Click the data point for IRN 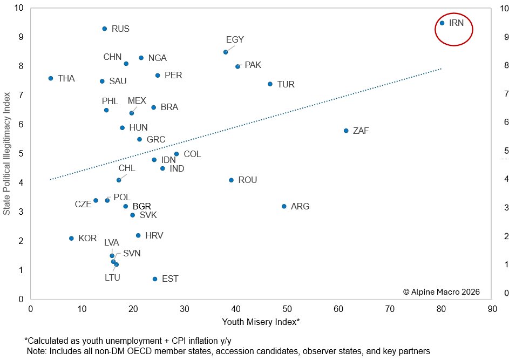(x=442, y=23)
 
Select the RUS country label (x=120, y=29)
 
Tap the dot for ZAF (x=346, y=131)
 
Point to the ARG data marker (x=284, y=206)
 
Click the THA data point (x=51, y=78)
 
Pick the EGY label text (x=235, y=40)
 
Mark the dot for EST (x=155, y=279)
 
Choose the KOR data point (x=71, y=238)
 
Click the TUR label (x=286, y=84)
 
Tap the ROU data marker (x=232, y=180)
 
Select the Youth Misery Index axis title (x=261, y=322)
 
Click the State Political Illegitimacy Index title (x=7, y=153)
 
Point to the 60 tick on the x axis (x=338, y=310)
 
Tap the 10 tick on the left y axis (x=19, y=8)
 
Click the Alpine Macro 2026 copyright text (x=441, y=291)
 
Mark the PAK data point (x=237, y=66)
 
